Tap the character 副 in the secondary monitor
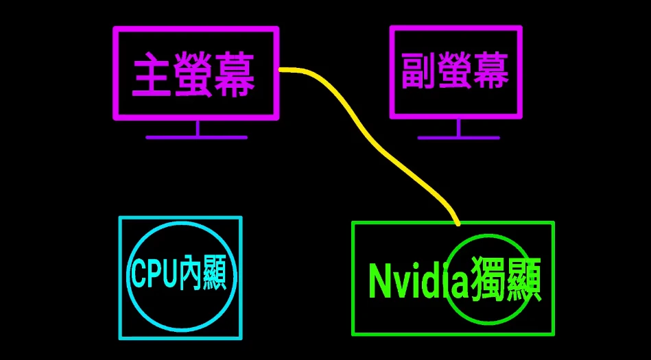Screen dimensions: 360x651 click(x=418, y=71)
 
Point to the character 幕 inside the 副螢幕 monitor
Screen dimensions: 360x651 click(x=490, y=71)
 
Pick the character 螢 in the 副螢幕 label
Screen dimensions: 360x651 click(x=454, y=71)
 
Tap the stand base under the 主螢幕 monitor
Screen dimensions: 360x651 click(x=196, y=137)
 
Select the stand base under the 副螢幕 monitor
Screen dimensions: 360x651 click(x=458, y=137)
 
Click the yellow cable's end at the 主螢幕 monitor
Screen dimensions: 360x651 click(x=283, y=69)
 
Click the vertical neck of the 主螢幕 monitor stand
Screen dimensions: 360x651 click(x=197, y=128)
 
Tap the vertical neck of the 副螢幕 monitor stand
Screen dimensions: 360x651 click(x=458, y=128)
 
